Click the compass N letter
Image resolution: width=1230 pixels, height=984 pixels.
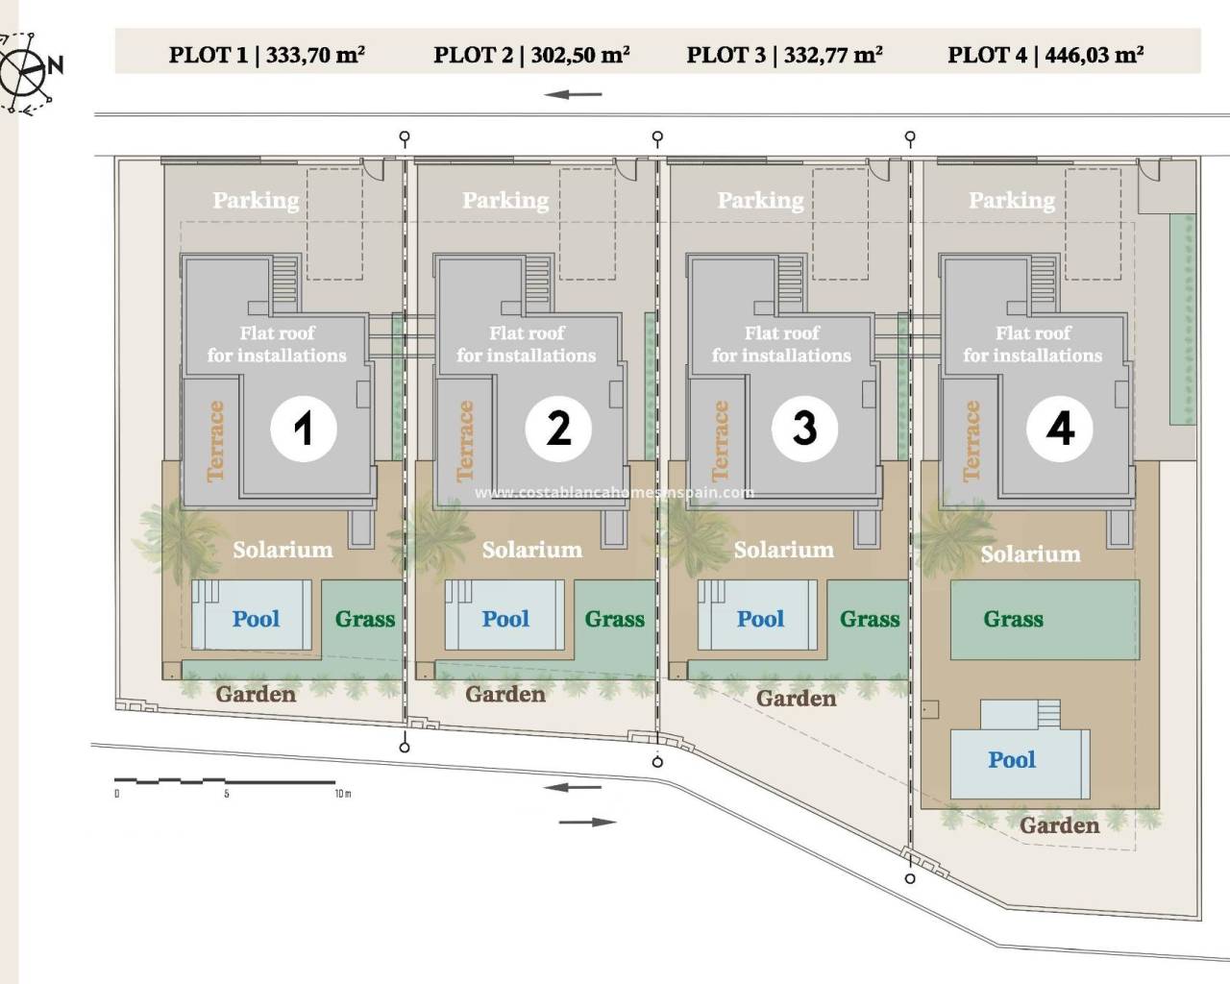pos(56,65)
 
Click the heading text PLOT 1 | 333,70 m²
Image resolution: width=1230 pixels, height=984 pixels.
pos(267,56)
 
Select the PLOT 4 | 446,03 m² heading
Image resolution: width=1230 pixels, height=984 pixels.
pos(1045,56)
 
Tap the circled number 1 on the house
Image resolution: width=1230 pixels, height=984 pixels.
pos(304,429)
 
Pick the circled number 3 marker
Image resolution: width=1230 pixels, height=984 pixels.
pos(804,429)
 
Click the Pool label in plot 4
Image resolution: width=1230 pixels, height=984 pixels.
pos(1012,760)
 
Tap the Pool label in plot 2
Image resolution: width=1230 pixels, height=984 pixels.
pos(505,619)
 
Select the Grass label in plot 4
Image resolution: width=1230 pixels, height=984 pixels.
pos(1014,619)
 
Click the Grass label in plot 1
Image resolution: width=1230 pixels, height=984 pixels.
pos(365,619)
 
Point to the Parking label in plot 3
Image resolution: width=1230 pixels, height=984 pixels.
pos(760,201)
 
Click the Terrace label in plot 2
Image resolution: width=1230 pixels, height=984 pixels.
pos(465,441)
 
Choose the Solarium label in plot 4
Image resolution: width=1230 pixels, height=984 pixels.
pos(1030,554)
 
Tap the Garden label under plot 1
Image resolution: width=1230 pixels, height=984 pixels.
pos(256,694)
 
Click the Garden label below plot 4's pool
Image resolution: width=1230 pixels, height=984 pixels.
pos(1060,825)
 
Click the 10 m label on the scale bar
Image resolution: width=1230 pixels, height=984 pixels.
pos(343,794)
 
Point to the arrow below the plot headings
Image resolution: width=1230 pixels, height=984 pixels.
pos(573,94)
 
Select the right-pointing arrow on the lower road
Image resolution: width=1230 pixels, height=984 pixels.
pos(587,823)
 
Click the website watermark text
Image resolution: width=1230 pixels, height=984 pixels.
pos(614,492)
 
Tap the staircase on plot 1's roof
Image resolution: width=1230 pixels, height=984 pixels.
pos(284,284)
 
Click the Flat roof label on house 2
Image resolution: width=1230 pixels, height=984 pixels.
pos(527,332)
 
